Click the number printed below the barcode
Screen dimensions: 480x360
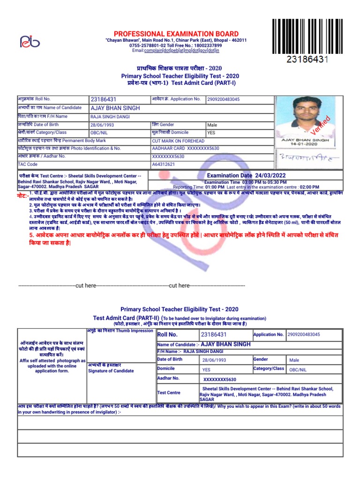pos(307,60)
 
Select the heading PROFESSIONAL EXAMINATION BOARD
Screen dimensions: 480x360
pos(176,34)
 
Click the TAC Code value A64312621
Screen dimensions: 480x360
pos(164,165)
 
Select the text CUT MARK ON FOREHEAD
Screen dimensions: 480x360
pos(178,141)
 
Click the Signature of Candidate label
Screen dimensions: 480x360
pos(111,371)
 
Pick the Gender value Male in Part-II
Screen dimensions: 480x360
pos(294,360)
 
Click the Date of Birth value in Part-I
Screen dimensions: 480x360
pos(100,125)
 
